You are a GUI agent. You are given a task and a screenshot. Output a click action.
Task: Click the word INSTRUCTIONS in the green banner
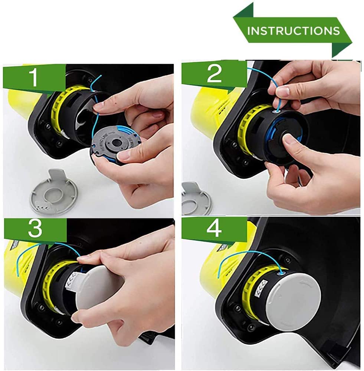click(294, 31)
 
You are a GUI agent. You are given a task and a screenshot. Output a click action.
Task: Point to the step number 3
click(35, 228)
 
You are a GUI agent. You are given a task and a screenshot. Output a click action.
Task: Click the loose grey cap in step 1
click(54, 191)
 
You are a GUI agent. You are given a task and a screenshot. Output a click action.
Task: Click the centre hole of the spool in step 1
click(117, 143)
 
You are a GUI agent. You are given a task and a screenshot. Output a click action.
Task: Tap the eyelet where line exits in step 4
click(281, 273)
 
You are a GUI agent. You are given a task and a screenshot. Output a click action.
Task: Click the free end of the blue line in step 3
click(19, 276)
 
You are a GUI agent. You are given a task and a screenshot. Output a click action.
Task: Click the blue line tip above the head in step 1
click(101, 76)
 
